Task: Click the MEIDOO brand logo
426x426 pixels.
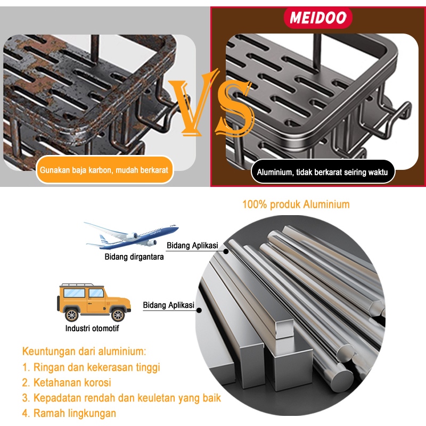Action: (x=318, y=17)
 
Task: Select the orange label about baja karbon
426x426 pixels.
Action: (x=104, y=170)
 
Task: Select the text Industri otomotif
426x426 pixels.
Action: (x=92, y=328)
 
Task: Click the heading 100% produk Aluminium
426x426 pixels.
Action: (x=296, y=204)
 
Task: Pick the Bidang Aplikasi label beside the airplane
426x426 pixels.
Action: (x=192, y=245)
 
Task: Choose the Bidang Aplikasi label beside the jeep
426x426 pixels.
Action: (x=168, y=306)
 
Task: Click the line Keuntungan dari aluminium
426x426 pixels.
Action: (x=84, y=351)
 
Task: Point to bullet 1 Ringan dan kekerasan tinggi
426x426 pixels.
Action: (x=91, y=367)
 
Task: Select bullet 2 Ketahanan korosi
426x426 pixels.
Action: (x=66, y=382)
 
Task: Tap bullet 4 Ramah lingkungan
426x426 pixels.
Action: (x=69, y=413)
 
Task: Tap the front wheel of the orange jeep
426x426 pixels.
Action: (x=118, y=315)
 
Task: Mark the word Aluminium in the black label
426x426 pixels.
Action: (x=275, y=172)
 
